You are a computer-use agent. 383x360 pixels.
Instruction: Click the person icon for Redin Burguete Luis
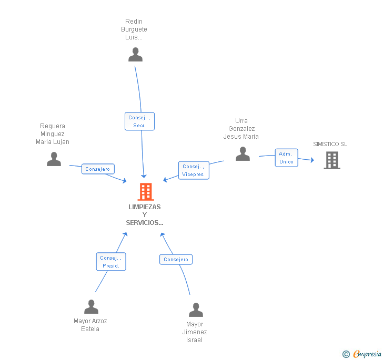[135, 55]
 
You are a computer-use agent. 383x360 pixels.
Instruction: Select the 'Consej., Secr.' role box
[139, 121]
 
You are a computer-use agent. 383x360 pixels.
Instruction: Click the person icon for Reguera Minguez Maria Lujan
[54, 159]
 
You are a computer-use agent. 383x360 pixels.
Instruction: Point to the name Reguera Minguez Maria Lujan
[53, 134]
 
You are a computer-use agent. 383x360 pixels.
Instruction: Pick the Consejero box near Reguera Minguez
[98, 169]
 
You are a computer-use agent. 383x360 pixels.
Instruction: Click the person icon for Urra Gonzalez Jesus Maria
[243, 154]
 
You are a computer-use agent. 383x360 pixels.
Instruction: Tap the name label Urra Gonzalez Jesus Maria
[241, 129]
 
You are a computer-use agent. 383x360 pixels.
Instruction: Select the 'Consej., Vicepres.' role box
[194, 170]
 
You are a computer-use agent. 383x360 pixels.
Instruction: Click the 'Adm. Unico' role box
[286, 158]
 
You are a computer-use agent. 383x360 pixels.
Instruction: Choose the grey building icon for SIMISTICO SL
[331, 160]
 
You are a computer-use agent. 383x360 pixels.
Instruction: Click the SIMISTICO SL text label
[330, 144]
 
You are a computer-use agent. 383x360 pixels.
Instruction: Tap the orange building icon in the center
[145, 192]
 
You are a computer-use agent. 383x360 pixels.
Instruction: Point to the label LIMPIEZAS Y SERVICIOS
[145, 214]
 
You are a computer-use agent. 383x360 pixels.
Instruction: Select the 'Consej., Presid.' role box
[111, 262]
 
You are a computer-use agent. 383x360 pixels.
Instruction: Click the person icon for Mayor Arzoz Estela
[91, 307]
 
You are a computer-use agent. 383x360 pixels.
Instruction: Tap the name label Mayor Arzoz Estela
[90, 325]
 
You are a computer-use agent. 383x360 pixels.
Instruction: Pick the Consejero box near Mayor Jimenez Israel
[176, 260]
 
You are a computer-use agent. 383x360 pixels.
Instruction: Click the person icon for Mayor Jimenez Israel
[196, 310]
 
